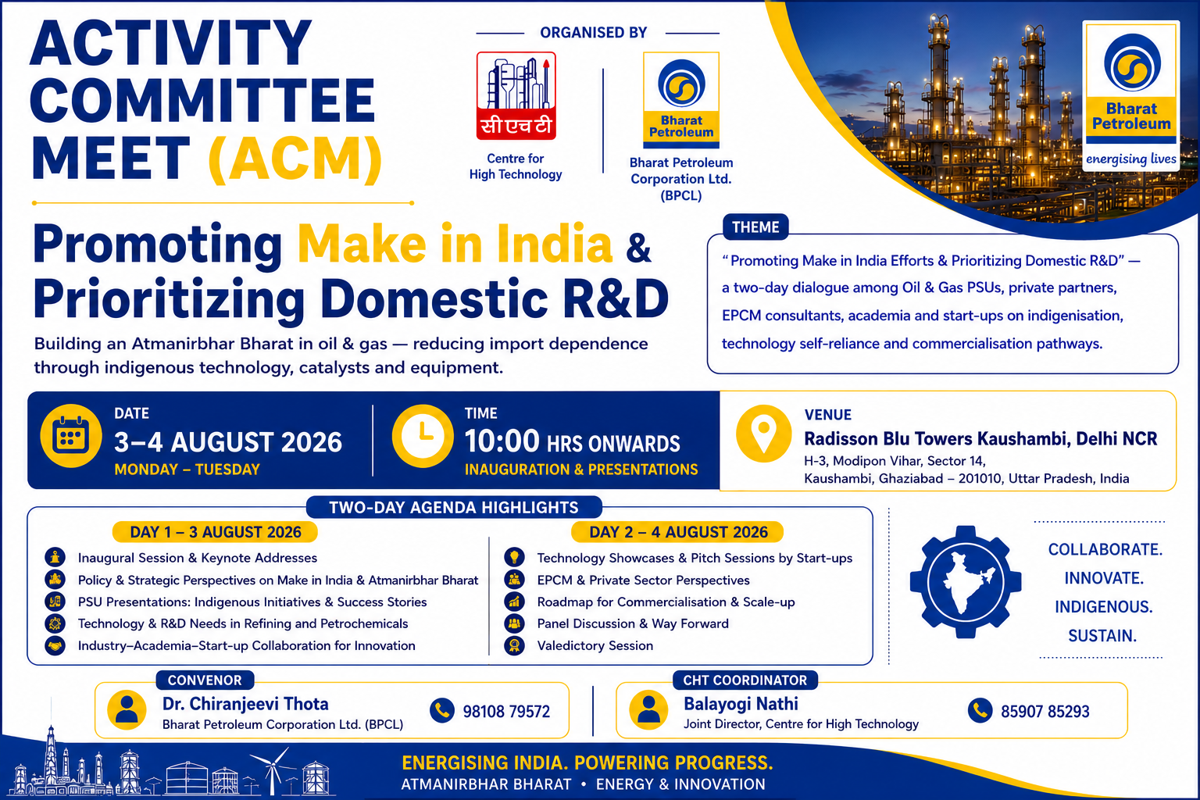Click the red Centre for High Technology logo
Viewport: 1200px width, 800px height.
click(516, 95)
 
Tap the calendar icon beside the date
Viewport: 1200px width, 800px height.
click(71, 436)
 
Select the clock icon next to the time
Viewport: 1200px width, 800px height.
click(423, 436)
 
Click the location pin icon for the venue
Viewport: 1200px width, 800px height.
click(763, 434)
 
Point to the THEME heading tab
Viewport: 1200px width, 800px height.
click(755, 227)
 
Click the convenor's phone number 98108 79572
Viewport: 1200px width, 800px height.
click(506, 711)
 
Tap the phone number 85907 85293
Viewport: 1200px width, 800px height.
click(1045, 711)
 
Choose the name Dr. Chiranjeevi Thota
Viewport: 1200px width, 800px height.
click(245, 704)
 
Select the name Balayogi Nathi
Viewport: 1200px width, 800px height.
click(741, 704)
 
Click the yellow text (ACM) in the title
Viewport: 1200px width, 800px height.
click(295, 159)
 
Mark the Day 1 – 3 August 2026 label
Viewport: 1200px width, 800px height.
click(215, 532)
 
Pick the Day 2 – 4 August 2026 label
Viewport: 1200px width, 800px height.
click(677, 532)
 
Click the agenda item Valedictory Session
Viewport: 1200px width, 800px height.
click(595, 645)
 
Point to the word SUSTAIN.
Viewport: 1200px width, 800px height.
click(1102, 636)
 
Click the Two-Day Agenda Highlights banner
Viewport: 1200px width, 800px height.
click(454, 508)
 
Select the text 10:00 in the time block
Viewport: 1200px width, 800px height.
click(502, 441)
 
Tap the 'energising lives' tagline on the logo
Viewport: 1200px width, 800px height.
click(1131, 159)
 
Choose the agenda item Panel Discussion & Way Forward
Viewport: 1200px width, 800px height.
click(633, 623)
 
